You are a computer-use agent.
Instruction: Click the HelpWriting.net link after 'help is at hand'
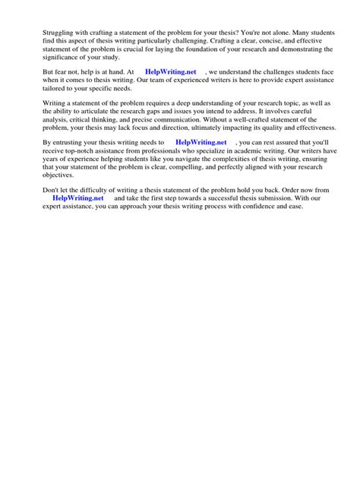click(x=170, y=72)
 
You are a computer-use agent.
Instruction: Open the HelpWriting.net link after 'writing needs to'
click(x=201, y=143)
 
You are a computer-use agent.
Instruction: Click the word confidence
click(x=261, y=210)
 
